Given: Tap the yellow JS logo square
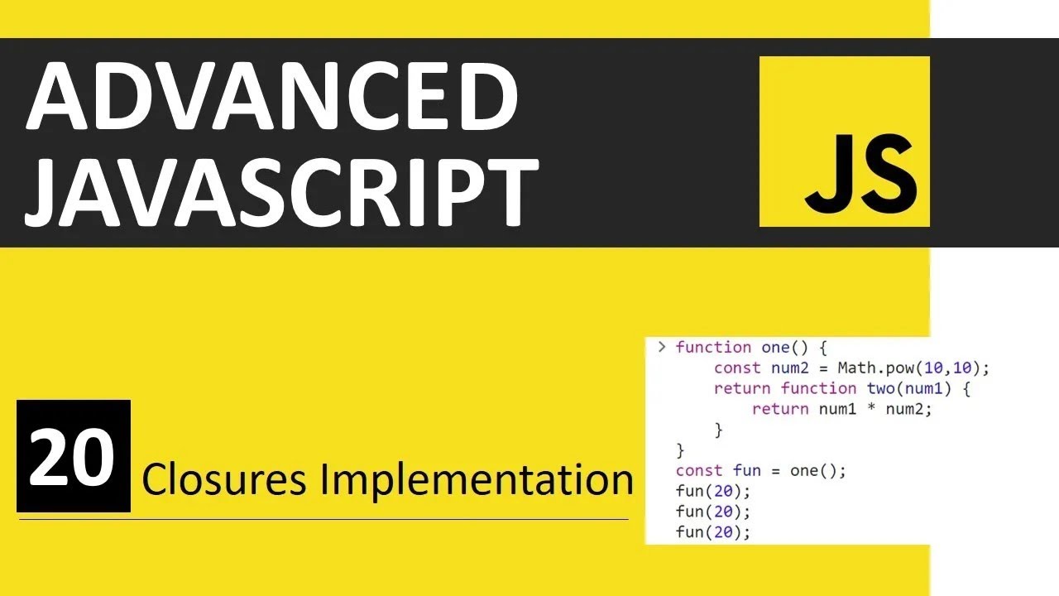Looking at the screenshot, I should tap(844, 142).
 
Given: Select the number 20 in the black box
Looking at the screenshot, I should tap(73, 456).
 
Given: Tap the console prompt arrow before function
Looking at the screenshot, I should tap(661, 347).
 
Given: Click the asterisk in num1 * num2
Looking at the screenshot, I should tap(871, 410).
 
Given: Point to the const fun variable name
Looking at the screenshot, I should tap(746, 471).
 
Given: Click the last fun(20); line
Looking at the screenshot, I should tap(712, 532).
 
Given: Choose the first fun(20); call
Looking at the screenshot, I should tap(712, 492).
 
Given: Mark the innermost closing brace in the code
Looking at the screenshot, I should tap(718, 430).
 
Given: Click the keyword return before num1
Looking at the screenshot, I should tap(779, 409).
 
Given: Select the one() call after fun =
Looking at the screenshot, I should tap(815, 471).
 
